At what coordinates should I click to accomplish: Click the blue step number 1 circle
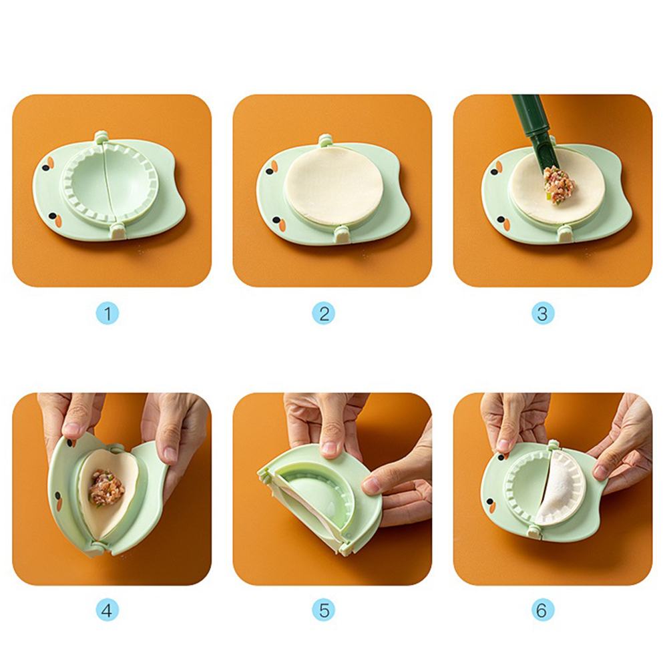107,314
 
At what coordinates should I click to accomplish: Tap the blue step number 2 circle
323,314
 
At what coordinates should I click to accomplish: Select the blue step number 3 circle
543,314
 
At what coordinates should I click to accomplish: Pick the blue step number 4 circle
107,610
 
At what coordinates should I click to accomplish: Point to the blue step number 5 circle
323,610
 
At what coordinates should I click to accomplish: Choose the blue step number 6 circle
543,610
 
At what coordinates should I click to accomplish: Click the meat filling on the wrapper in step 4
106,487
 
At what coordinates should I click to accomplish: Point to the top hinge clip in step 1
101,137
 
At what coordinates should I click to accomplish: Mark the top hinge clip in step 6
553,445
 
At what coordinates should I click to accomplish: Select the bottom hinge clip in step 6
533,531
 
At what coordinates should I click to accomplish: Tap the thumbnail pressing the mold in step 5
328,448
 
